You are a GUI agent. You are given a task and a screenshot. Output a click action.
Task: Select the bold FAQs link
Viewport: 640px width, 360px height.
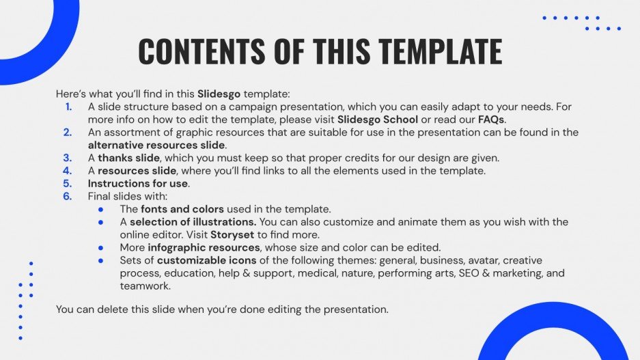pyautogui.click(x=491, y=119)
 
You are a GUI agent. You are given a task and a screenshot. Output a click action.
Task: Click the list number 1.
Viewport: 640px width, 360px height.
pyautogui.click(x=68, y=107)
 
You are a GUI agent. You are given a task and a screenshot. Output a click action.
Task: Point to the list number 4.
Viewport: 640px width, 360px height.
pyautogui.click(x=68, y=171)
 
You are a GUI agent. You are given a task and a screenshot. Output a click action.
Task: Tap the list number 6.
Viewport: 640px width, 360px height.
pyautogui.click(x=68, y=196)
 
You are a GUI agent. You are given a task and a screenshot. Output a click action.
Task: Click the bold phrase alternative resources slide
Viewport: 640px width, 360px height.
pyautogui.click(x=156, y=145)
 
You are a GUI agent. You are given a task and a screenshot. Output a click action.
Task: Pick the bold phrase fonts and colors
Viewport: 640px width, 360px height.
pyautogui.click(x=182, y=209)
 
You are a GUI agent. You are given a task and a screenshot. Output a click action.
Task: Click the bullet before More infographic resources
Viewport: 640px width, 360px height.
pyautogui.click(x=101, y=247)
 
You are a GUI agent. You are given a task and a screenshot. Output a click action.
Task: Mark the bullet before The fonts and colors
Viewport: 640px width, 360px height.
pyautogui.click(x=101, y=209)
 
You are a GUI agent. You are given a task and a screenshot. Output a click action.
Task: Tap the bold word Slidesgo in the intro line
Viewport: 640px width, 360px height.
pyautogui.click(x=219, y=94)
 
